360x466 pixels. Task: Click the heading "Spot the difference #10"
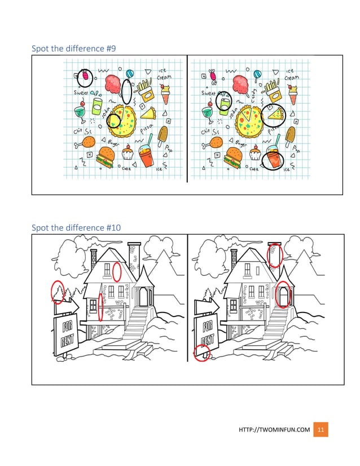pyautogui.click(x=76, y=227)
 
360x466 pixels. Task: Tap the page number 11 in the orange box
pyautogui.click(x=321, y=430)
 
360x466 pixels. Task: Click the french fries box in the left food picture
pyautogui.click(x=145, y=89)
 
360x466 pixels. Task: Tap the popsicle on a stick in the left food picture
pyautogui.click(x=163, y=135)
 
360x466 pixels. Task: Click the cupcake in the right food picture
pyautogui.click(x=256, y=152)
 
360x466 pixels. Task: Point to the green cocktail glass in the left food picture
pyautogui.click(x=81, y=111)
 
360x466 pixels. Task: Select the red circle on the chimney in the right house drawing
pyautogui.click(x=275, y=255)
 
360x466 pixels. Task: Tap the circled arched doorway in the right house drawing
pyautogui.click(x=284, y=294)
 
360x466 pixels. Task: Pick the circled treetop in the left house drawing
pyautogui.click(x=57, y=291)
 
